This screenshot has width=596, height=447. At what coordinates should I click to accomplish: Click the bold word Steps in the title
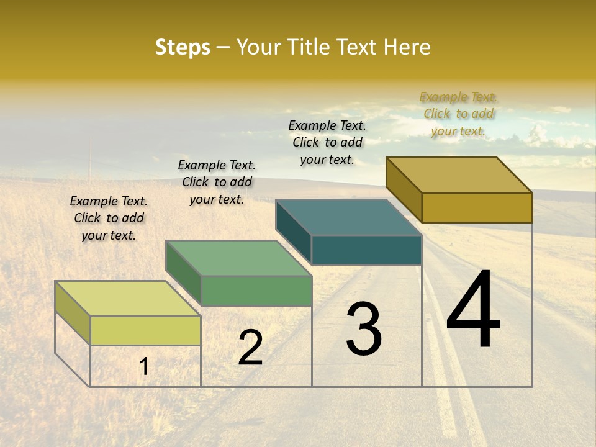[183, 47]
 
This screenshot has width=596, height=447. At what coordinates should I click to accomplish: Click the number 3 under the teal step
[364, 328]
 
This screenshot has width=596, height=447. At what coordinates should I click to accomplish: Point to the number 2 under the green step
[251, 348]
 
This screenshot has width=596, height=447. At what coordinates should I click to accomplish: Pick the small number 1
[143, 366]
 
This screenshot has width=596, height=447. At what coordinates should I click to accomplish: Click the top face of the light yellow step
[127, 299]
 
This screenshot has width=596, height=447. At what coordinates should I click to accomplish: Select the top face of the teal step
[348, 217]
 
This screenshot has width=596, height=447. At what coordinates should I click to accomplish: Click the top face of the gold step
[459, 175]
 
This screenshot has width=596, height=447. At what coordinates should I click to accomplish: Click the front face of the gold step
[477, 207]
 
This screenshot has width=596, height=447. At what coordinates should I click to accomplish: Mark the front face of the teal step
[366, 250]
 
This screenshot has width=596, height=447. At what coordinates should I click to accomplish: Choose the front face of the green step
[256, 291]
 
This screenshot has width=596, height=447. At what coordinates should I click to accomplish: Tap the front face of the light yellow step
[145, 330]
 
